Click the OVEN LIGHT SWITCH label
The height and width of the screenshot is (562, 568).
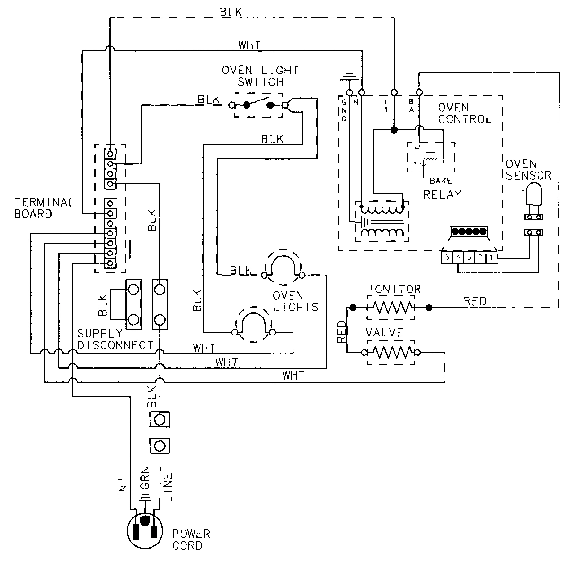(x=260, y=76)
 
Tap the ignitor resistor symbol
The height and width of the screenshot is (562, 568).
(x=391, y=307)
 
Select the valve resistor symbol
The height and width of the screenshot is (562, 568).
(x=391, y=352)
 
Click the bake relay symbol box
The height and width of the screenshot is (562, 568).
(x=431, y=157)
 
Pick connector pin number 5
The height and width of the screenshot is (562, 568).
(x=446, y=258)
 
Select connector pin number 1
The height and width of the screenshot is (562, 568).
(x=492, y=258)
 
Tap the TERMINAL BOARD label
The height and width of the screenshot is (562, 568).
(x=37, y=208)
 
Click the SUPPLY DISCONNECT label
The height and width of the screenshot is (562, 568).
(x=115, y=339)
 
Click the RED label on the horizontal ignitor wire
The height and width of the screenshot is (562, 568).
(x=474, y=301)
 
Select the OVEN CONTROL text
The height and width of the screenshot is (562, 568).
(x=464, y=114)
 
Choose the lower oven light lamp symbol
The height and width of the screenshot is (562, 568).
(x=254, y=325)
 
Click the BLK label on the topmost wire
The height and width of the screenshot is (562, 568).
(x=231, y=12)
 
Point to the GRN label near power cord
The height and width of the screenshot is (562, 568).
(x=145, y=479)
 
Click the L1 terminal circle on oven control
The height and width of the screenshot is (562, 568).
(x=393, y=91)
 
